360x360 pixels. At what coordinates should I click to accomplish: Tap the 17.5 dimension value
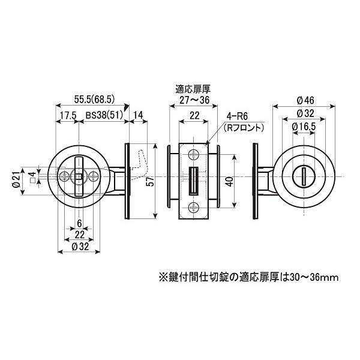coord(68,116)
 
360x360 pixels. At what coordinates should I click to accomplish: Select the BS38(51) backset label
coord(105,116)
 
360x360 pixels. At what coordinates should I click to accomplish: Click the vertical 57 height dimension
coord(152,182)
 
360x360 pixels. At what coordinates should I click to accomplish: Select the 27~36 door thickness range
coord(192,100)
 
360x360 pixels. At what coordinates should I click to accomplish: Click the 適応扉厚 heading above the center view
coord(192,89)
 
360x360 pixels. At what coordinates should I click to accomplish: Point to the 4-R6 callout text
coord(232,118)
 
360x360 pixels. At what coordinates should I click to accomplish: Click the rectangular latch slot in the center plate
coord(193,181)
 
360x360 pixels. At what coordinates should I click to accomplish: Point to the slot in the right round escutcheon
coord(303,176)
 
